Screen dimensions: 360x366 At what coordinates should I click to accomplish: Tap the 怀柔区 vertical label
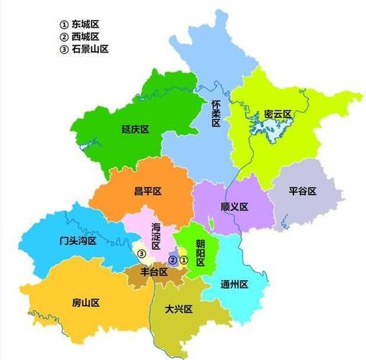click(x=216, y=114)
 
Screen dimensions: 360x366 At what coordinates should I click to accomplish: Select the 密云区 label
click(x=276, y=114)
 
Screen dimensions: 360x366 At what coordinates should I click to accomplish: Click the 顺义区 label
click(x=234, y=207)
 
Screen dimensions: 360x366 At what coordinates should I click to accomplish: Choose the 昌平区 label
click(x=148, y=191)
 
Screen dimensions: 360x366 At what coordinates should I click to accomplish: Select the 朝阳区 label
click(x=201, y=253)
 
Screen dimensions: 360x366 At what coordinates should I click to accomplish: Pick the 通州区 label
click(x=234, y=284)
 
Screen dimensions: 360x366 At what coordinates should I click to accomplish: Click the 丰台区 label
click(x=153, y=272)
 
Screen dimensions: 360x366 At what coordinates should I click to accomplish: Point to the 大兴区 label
click(x=179, y=309)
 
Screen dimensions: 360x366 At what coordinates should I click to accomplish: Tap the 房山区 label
click(x=86, y=303)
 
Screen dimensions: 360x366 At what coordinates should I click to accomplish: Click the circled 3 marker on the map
click(x=142, y=253)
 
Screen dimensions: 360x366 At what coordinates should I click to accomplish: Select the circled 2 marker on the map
click(x=173, y=259)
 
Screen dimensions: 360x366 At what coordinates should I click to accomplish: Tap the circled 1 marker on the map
click(x=184, y=259)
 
